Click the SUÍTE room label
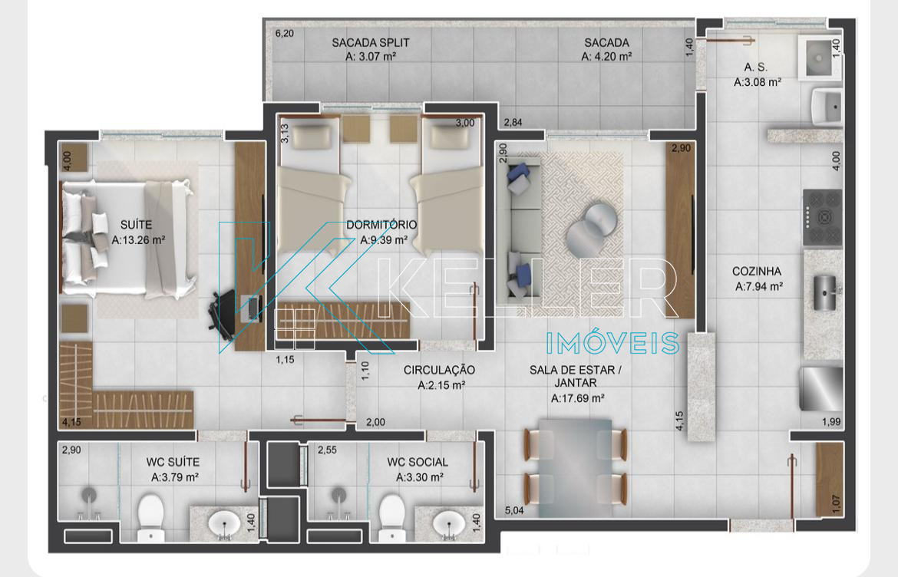(x=137, y=225)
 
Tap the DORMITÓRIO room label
(x=381, y=225)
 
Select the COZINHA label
(x=757, y=272)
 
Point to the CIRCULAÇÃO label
(x=439, y=371)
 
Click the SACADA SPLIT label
(x=371, y=42)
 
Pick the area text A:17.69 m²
(x=577, y=398)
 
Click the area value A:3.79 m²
(x=175, y=476)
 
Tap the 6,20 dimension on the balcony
(x=284, y=33)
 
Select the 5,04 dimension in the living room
(x=513, y=510)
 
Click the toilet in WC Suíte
(x=151, y=517)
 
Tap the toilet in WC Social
(x=392, y=517)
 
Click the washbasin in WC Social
(x=448, y=523)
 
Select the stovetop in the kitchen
(x=823, y=217)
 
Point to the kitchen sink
(x=825, y=292)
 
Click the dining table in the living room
(x=576, y=467)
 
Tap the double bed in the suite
(x=127, y=239)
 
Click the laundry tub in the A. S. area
(x=819, y=58)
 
